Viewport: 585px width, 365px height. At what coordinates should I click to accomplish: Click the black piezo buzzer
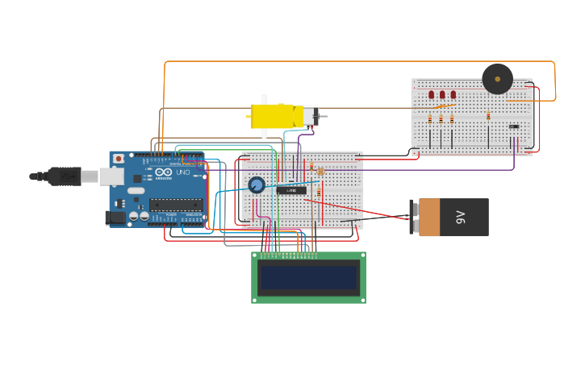pos(497,79)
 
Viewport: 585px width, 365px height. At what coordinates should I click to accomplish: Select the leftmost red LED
pos(431,94)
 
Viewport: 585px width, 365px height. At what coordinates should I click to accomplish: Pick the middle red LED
pos(441,94)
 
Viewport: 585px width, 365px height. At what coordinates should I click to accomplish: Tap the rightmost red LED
pos(453,94)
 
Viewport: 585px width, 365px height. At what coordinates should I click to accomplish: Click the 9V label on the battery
pos(462,217)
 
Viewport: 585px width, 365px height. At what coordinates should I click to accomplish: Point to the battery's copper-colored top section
pos(429,217)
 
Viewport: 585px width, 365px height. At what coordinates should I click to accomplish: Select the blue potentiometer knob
pos(257,185)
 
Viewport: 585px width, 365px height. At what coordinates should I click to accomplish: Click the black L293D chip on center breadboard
pos(291,190)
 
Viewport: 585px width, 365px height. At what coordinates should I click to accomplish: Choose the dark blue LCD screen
pos(308,278)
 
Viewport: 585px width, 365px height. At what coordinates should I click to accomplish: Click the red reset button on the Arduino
pos(119,159)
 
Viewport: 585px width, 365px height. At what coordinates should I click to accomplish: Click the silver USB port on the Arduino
pos(111,176)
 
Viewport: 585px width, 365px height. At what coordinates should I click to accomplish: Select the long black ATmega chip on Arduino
pos(175,205)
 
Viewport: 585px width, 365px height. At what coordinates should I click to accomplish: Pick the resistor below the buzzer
pos(488,116)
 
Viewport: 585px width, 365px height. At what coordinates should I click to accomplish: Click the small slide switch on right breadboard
pos(514,126)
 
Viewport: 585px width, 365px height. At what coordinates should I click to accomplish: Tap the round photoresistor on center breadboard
pos(320,171)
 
